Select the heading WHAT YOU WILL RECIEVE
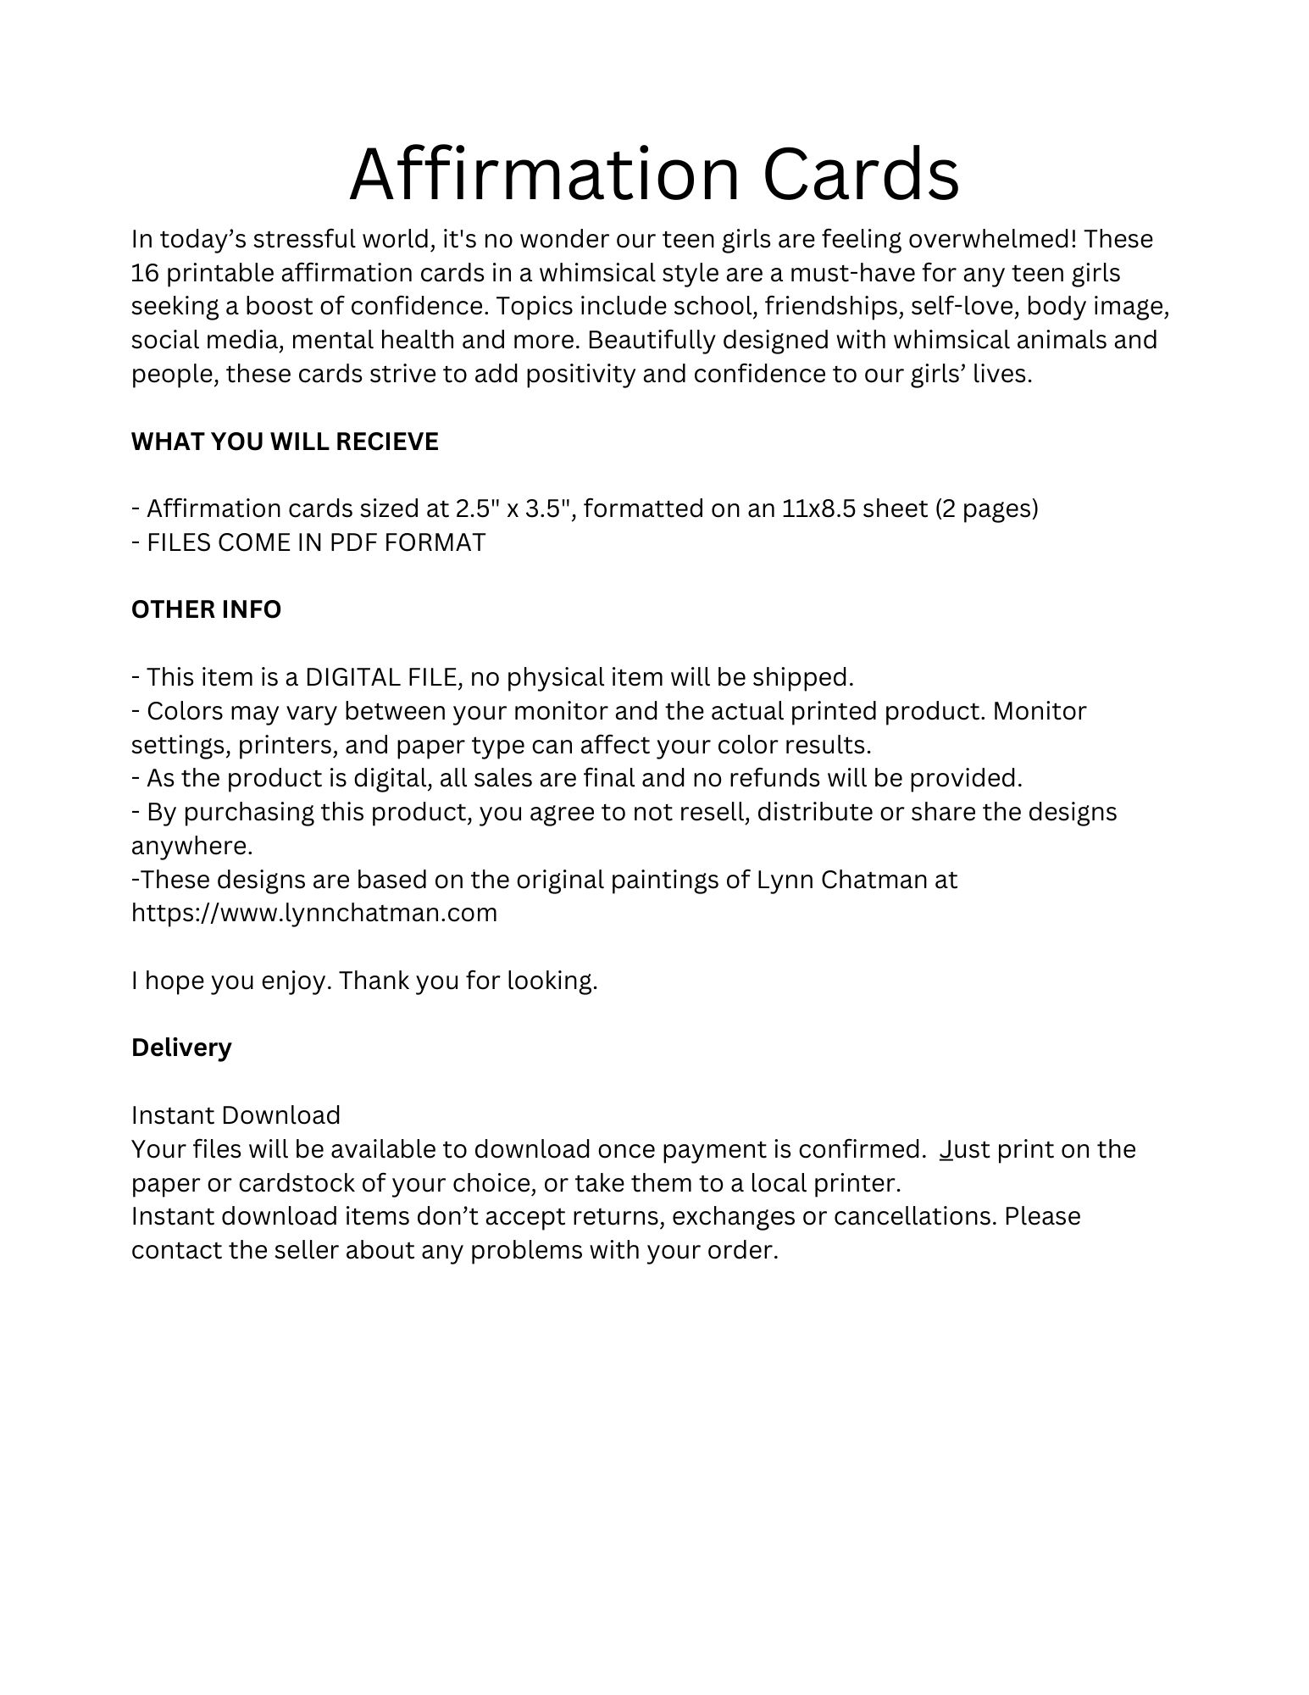point(285,442)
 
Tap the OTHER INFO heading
point(206,609)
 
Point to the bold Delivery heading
point(181,1048)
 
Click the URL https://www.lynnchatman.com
point(314,913)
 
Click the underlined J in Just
point(946,1149)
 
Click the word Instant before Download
point(172,1115)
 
